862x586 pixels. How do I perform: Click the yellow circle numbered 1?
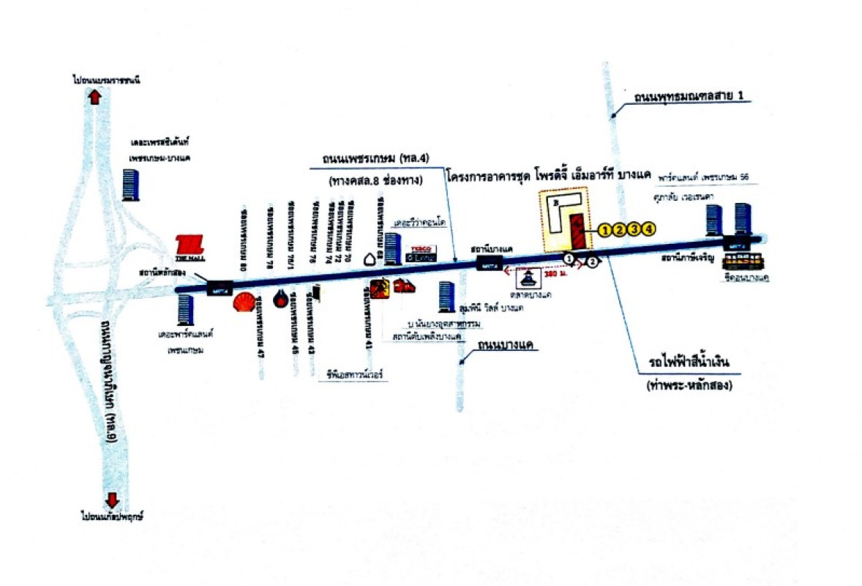coord(604,230)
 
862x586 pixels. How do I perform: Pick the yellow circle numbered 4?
coord(648,230)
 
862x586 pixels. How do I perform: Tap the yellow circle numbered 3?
coord(634,230)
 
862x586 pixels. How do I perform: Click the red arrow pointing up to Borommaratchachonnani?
coord(94,97)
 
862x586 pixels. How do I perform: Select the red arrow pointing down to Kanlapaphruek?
coord(112,500)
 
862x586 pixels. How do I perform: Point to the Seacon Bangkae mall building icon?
coord(741,264)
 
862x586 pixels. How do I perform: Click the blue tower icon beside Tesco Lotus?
coord(392,248)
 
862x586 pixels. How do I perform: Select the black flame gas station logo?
coord(280,298)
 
